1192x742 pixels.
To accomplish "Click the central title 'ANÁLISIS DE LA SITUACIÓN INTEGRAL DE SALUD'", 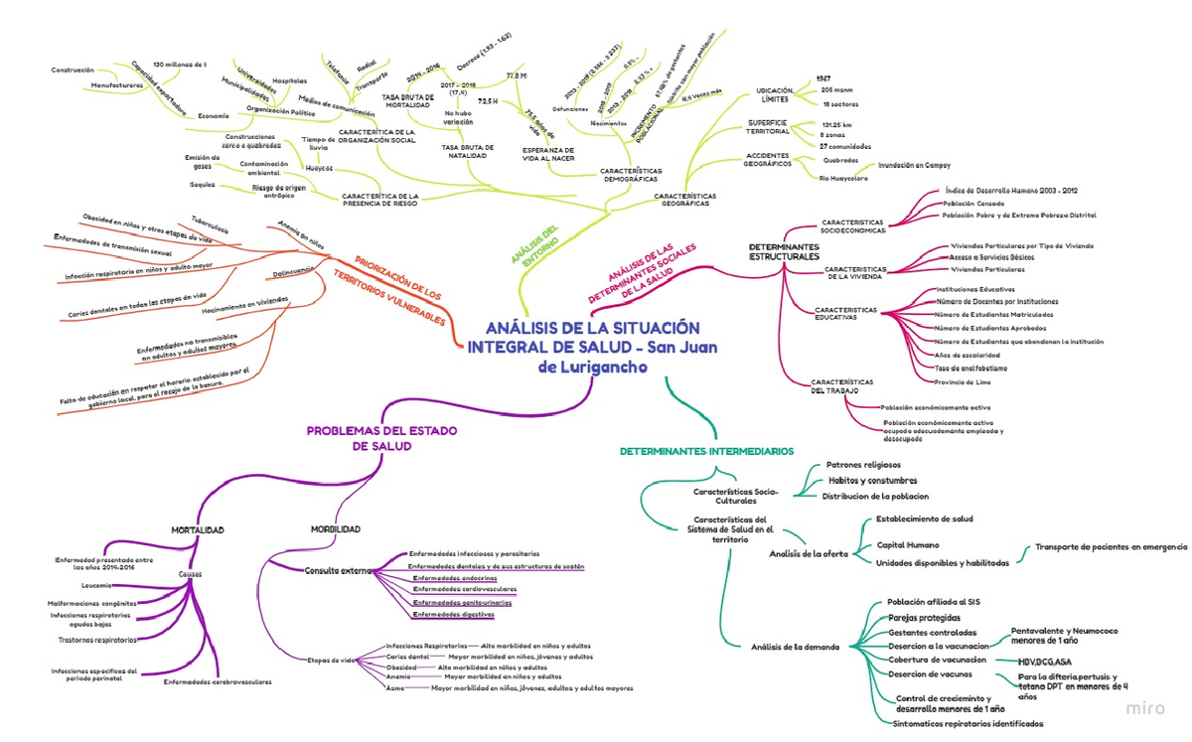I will click(x=591, y=347).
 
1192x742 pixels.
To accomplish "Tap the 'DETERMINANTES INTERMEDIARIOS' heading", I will click(x=706, y=451).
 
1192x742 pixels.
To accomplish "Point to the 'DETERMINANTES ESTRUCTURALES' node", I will click(x=784, y=251).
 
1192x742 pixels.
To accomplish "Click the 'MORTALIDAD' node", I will click(x=197, y=529).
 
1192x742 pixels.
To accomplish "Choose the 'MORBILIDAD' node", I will click(x=335, y=529).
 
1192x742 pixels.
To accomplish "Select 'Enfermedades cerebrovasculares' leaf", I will click(x=218, y=681).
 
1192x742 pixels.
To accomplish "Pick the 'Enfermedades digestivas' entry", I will click(x=453, y=615).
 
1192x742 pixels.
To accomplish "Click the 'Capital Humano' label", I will click(x=907, y=545).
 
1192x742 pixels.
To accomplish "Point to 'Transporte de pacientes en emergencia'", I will click(x=1111, y=546).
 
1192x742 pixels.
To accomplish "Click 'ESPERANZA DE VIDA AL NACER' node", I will click(x=548, y=153).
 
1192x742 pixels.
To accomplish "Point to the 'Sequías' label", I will click(x=202, y=185).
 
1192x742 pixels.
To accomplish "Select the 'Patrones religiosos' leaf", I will click(x=863, y=464).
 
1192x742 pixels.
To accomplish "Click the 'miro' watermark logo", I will click(x=1145, y=709).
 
